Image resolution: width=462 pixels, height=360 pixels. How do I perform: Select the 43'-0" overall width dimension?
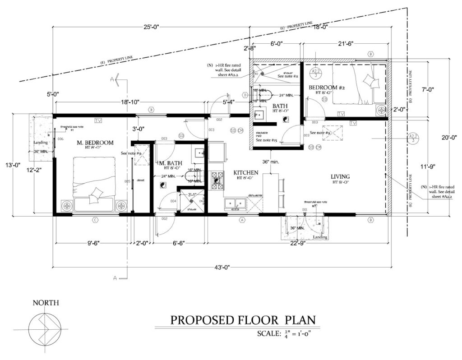(220, 268)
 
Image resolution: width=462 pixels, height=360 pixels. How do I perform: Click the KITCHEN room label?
(245, 173)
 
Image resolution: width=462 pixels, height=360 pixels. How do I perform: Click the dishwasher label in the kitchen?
(252, 196)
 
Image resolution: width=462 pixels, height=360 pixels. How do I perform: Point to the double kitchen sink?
(235, 204)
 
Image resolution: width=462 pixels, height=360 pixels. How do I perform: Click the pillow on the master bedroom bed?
(96, 194)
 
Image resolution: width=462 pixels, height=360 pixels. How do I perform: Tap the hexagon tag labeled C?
(95, 220)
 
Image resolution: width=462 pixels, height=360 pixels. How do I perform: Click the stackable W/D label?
(262, 135)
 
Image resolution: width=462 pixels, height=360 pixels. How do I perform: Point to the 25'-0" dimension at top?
(151, 28)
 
